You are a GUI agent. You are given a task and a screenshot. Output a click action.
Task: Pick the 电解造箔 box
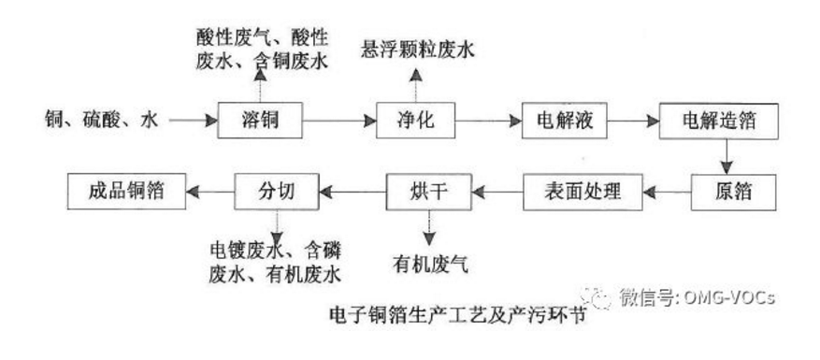tap(720, 122)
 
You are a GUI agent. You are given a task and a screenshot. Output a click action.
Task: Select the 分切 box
tap(277, 193)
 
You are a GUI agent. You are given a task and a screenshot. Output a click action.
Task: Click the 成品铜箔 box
tap(128, 193)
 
